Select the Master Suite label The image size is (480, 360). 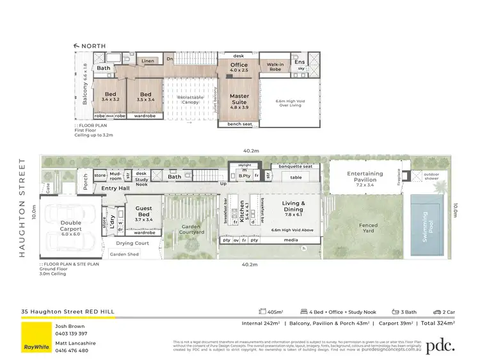(240, 99)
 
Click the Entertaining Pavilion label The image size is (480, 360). (365, 177)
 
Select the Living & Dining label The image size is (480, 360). (293, 206)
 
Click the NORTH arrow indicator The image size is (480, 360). (90, 45)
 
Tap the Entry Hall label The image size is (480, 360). (116, 188)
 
